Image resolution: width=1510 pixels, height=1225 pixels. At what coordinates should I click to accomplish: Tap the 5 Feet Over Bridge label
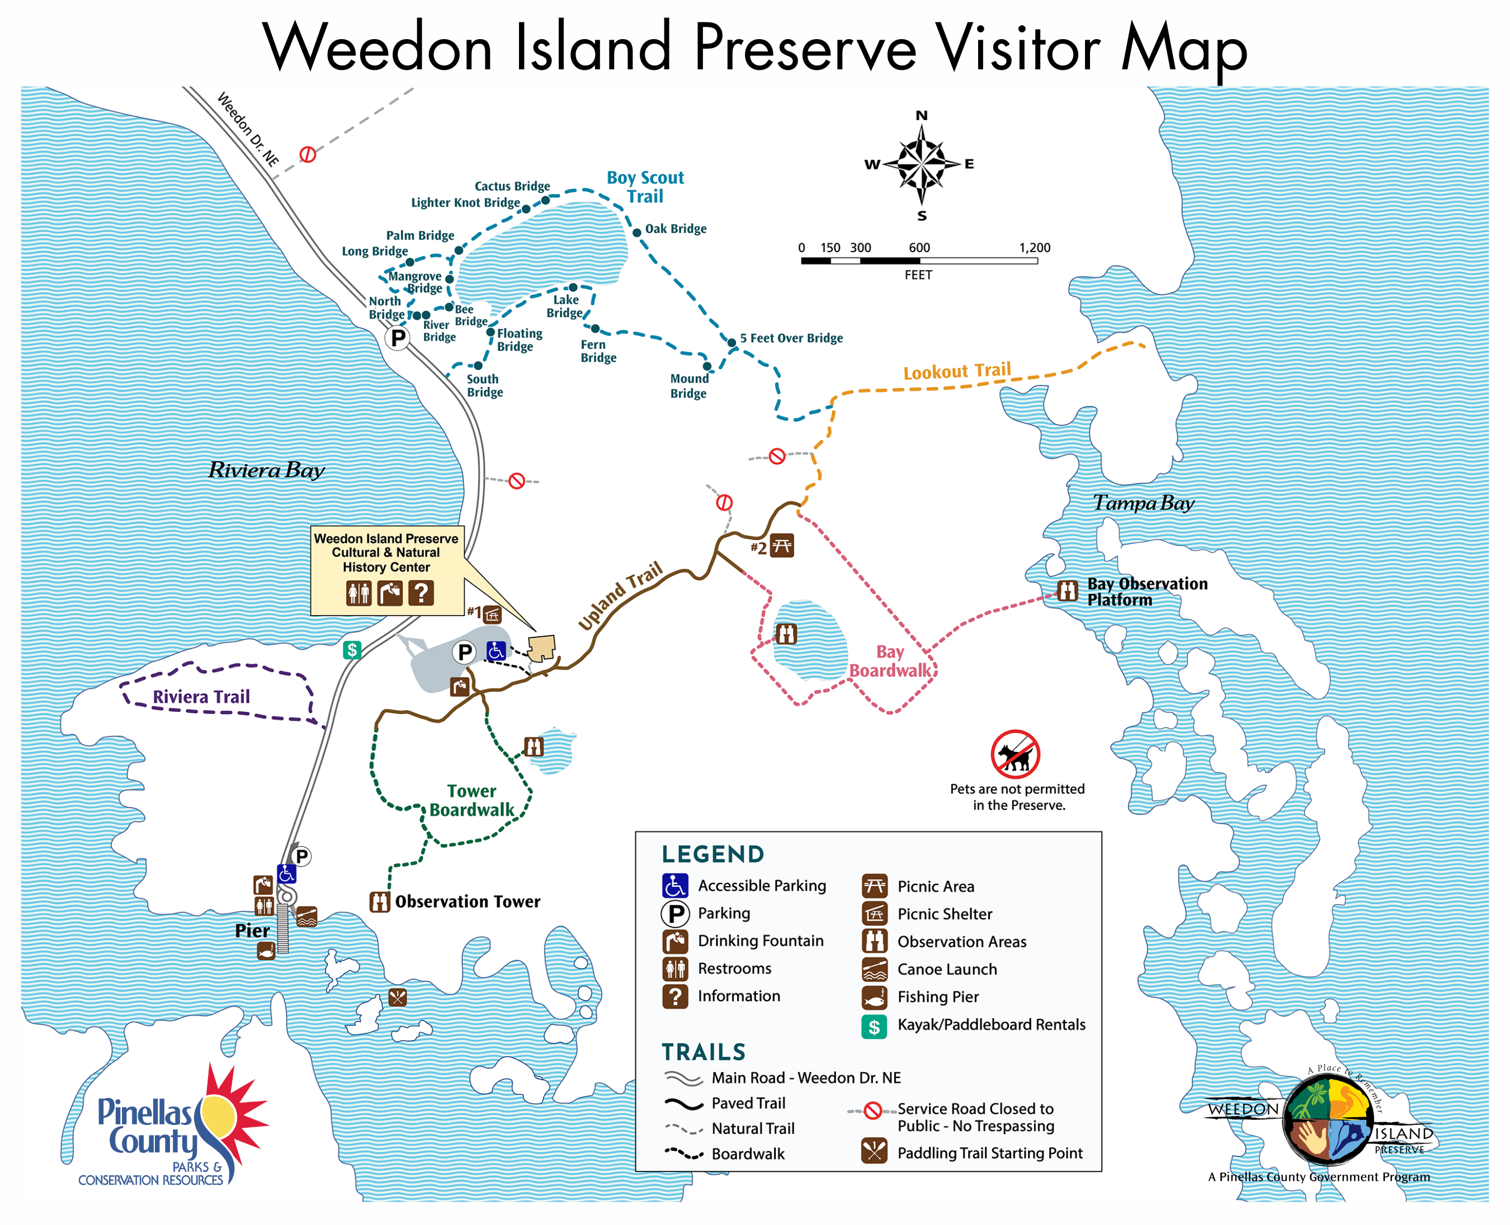[791, 338]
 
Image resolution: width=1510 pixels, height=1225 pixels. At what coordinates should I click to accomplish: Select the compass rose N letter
[921, 116]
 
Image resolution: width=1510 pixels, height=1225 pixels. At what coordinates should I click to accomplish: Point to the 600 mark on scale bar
[919, 248]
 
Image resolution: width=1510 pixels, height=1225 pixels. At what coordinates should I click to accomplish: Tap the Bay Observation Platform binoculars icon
[1067, 590]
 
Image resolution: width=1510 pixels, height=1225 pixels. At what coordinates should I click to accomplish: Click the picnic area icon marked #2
[781, 546]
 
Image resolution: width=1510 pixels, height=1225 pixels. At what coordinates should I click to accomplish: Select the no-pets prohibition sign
[1014, 754]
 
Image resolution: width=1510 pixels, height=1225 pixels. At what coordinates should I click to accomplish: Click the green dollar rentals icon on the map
[352, 649]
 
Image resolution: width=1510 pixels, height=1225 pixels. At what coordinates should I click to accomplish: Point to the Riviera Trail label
[201, 697]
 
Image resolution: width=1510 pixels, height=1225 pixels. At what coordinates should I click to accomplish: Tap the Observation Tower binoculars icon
[380, 902]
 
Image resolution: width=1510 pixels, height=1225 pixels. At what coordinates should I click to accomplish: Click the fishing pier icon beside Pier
[266, 950]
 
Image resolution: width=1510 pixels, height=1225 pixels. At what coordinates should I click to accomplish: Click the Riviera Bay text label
[266, 470]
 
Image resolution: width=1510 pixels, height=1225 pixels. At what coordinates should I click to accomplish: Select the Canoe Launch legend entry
[946, 969]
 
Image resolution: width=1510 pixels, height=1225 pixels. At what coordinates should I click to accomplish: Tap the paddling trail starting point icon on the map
[398, 997]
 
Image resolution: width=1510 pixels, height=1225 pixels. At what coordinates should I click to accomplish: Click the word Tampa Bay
[1143, 503]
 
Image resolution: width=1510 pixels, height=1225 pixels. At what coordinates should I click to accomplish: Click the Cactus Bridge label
[512, 186]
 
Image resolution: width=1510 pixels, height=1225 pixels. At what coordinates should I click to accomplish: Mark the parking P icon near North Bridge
[398, 338]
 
